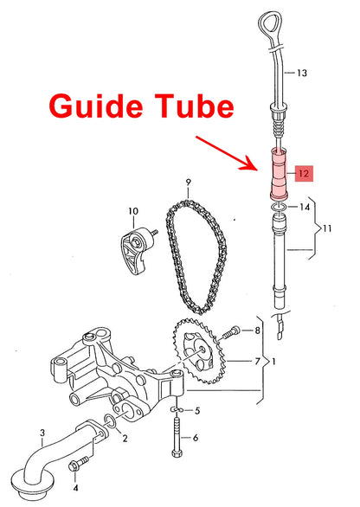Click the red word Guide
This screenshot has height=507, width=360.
96,106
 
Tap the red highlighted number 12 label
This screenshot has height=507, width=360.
304,174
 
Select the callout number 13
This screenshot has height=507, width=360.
302,73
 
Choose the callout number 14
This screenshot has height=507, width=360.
305,207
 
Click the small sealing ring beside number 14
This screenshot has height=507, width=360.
279,208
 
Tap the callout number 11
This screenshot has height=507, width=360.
327,228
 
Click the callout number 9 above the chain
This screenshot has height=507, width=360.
189,183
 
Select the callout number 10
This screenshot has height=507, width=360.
133,211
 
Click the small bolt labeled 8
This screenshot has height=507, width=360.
229,334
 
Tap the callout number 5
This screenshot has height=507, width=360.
197,411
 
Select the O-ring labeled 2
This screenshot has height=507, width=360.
109,421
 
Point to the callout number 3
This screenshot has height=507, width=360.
42,433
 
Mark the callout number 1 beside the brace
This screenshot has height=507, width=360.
273,361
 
